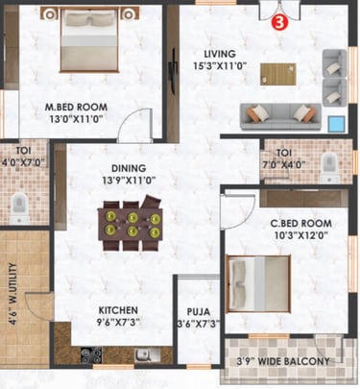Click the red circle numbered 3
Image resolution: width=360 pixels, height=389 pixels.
tap(279, 22)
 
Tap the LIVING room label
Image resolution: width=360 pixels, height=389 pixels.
tap(220, 54)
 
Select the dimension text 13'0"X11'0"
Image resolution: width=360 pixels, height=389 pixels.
tap(76, 119)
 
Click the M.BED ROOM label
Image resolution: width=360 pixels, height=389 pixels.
tap(76, 107)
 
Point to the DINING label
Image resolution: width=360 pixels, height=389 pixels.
tap(129, 168)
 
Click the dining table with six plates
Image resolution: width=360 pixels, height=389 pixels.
tap(130, 224)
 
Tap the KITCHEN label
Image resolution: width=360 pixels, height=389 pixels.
tap(118, 310)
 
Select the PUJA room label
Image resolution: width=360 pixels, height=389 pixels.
tap(199, 311)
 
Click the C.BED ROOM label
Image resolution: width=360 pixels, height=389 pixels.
tap(300, 223)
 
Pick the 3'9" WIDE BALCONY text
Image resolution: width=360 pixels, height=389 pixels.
tap(283, 361)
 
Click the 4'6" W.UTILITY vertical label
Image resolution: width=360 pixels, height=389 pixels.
tap(12, 294)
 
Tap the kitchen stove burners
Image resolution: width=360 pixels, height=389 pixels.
tap(91, 355)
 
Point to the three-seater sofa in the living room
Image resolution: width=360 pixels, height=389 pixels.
tap(280, 116)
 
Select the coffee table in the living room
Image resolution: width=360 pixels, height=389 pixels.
tap(277, 74)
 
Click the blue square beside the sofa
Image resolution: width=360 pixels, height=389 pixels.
tap(337, 124)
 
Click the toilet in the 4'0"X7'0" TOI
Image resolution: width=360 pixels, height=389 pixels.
tap(19, 208)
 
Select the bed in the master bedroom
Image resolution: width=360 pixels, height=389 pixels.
tap(89, 39)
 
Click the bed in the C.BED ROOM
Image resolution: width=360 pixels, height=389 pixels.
tap(258, 283)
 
